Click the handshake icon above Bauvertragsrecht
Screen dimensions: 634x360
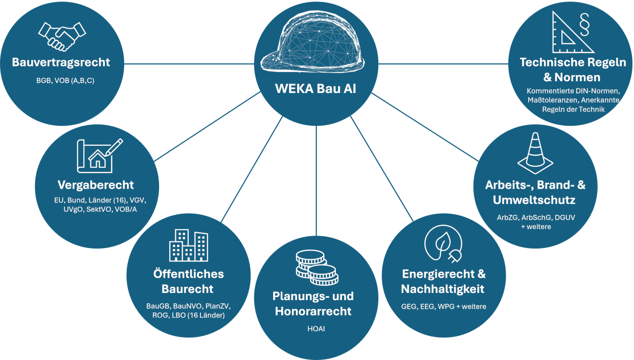62,37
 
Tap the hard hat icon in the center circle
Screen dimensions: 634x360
312,41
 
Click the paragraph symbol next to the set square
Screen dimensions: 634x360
584,25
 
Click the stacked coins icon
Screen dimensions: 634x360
316,267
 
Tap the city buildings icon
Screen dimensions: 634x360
189,245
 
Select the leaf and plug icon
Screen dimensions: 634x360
443,244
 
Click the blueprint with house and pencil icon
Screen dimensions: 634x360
100,155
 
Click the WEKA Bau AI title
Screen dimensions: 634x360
315,88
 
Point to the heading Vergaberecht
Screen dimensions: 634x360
96,185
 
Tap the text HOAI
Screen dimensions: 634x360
316,329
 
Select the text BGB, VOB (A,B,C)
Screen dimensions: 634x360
65,81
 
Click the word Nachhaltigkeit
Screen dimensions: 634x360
443,289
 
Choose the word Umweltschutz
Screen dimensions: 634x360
534,200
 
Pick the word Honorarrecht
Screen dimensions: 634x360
313,311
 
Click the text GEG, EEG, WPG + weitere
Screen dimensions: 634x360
443,306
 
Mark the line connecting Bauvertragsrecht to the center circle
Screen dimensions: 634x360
189,64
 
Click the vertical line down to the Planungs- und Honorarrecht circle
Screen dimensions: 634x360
316,181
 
